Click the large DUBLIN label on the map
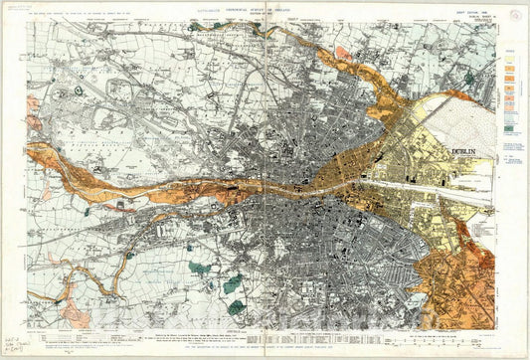pos(464,152)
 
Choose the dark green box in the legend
pos(510,127)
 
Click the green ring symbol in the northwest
pos(78,90)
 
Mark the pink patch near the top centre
pos(342,53)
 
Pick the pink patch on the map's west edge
pos(32,102)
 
